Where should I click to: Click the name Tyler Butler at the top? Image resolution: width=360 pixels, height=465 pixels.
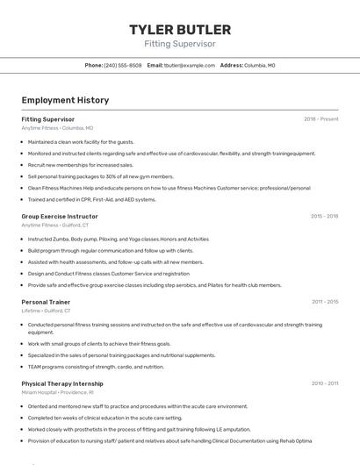click(x=180, y=30)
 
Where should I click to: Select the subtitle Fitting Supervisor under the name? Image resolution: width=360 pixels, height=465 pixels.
click(x=180, y=44)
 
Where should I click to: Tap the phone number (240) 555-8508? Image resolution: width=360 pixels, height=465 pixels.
click(x=122, y=65)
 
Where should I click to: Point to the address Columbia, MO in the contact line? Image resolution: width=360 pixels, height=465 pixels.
click(x=259, y=65)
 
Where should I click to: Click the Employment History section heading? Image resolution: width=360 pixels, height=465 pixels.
click(x=65, y=100)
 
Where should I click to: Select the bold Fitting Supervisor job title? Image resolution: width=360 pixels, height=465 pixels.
click(x=47, y=118)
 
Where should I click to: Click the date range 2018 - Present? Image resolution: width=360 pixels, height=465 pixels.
click(x=320, y=118)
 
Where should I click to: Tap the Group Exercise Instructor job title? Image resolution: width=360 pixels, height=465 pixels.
click(x=60, y=216)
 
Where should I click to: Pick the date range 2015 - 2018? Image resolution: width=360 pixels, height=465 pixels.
click(x=324, y=216)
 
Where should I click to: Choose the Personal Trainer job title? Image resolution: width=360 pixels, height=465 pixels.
click(x=47, y=302)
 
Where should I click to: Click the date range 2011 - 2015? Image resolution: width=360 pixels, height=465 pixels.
click(x=324, y=302)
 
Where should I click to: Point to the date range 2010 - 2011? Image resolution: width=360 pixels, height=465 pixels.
click(x=324, y=383)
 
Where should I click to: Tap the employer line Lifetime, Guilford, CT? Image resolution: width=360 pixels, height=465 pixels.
click(x=46, y=311)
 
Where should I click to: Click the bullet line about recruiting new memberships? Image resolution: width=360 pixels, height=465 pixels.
click(x=81, y=165)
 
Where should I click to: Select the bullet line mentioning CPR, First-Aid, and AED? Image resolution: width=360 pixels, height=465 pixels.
click(x=91, y=199)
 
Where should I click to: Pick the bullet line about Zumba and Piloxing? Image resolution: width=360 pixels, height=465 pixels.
click(x=118, y=239)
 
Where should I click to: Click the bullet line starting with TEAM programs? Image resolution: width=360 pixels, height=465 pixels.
click(x=96, y=367)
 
